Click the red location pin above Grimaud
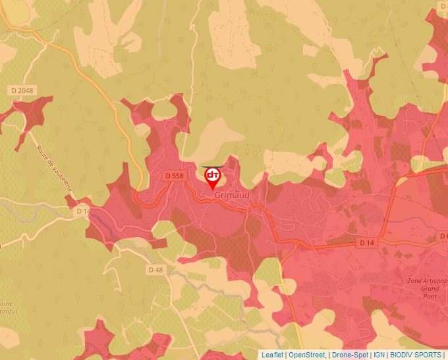(x=213, y=178)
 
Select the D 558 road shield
(x=174, y=176)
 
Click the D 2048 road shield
(x=22, y=90)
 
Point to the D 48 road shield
(x=155, y=270)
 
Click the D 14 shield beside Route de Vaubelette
(x=82, y=211)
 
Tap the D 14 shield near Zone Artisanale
(x=366, y=243)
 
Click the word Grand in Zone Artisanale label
(x=430, y=289)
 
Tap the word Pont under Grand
(x=430, y=297)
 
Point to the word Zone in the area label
(x=415, y=281)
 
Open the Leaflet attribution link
(x=272, y=355)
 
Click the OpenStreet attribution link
(x=307, y=355)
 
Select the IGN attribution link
(x=379, y=355)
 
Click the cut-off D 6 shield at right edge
(x=443, y=236)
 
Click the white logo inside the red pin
(x=213, y=175)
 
